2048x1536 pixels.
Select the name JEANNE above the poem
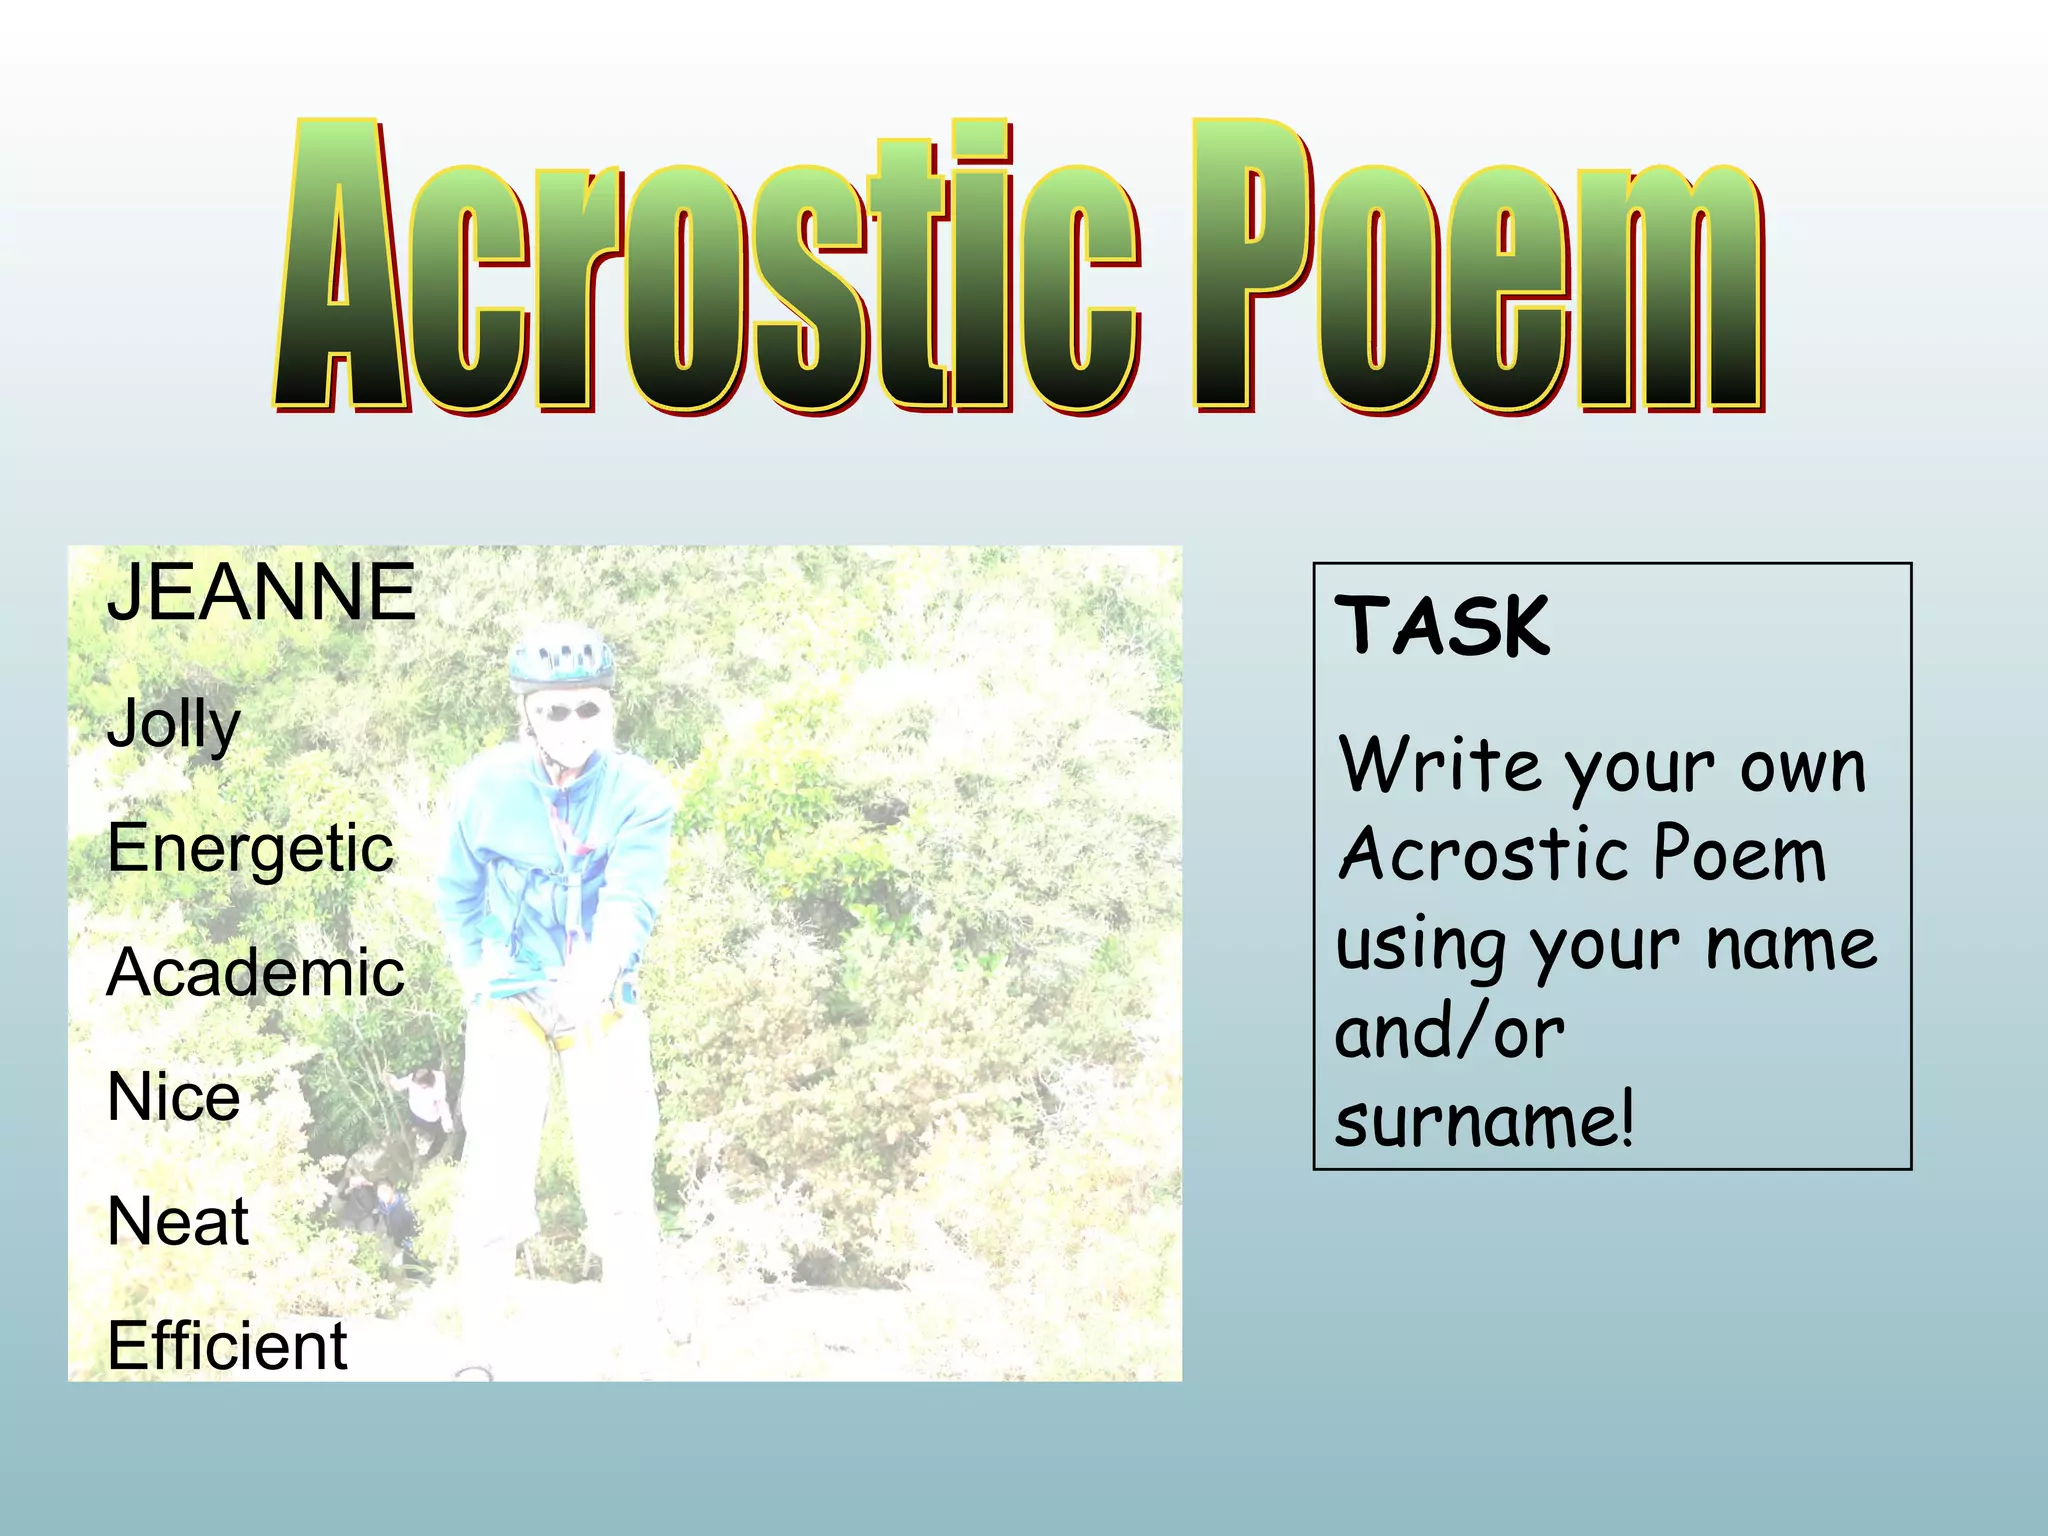point(261,592)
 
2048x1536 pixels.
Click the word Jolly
point(174,724)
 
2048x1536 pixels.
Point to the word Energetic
point(250,849)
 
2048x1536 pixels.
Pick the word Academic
point(256,972)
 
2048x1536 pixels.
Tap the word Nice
point(174,1097)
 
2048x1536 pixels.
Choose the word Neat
point(178,1221)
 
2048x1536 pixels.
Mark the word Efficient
point(227,1346)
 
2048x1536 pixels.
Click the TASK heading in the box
point(1442,626)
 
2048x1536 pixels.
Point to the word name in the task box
point(1791,945)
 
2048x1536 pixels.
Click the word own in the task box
point(1803,768)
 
